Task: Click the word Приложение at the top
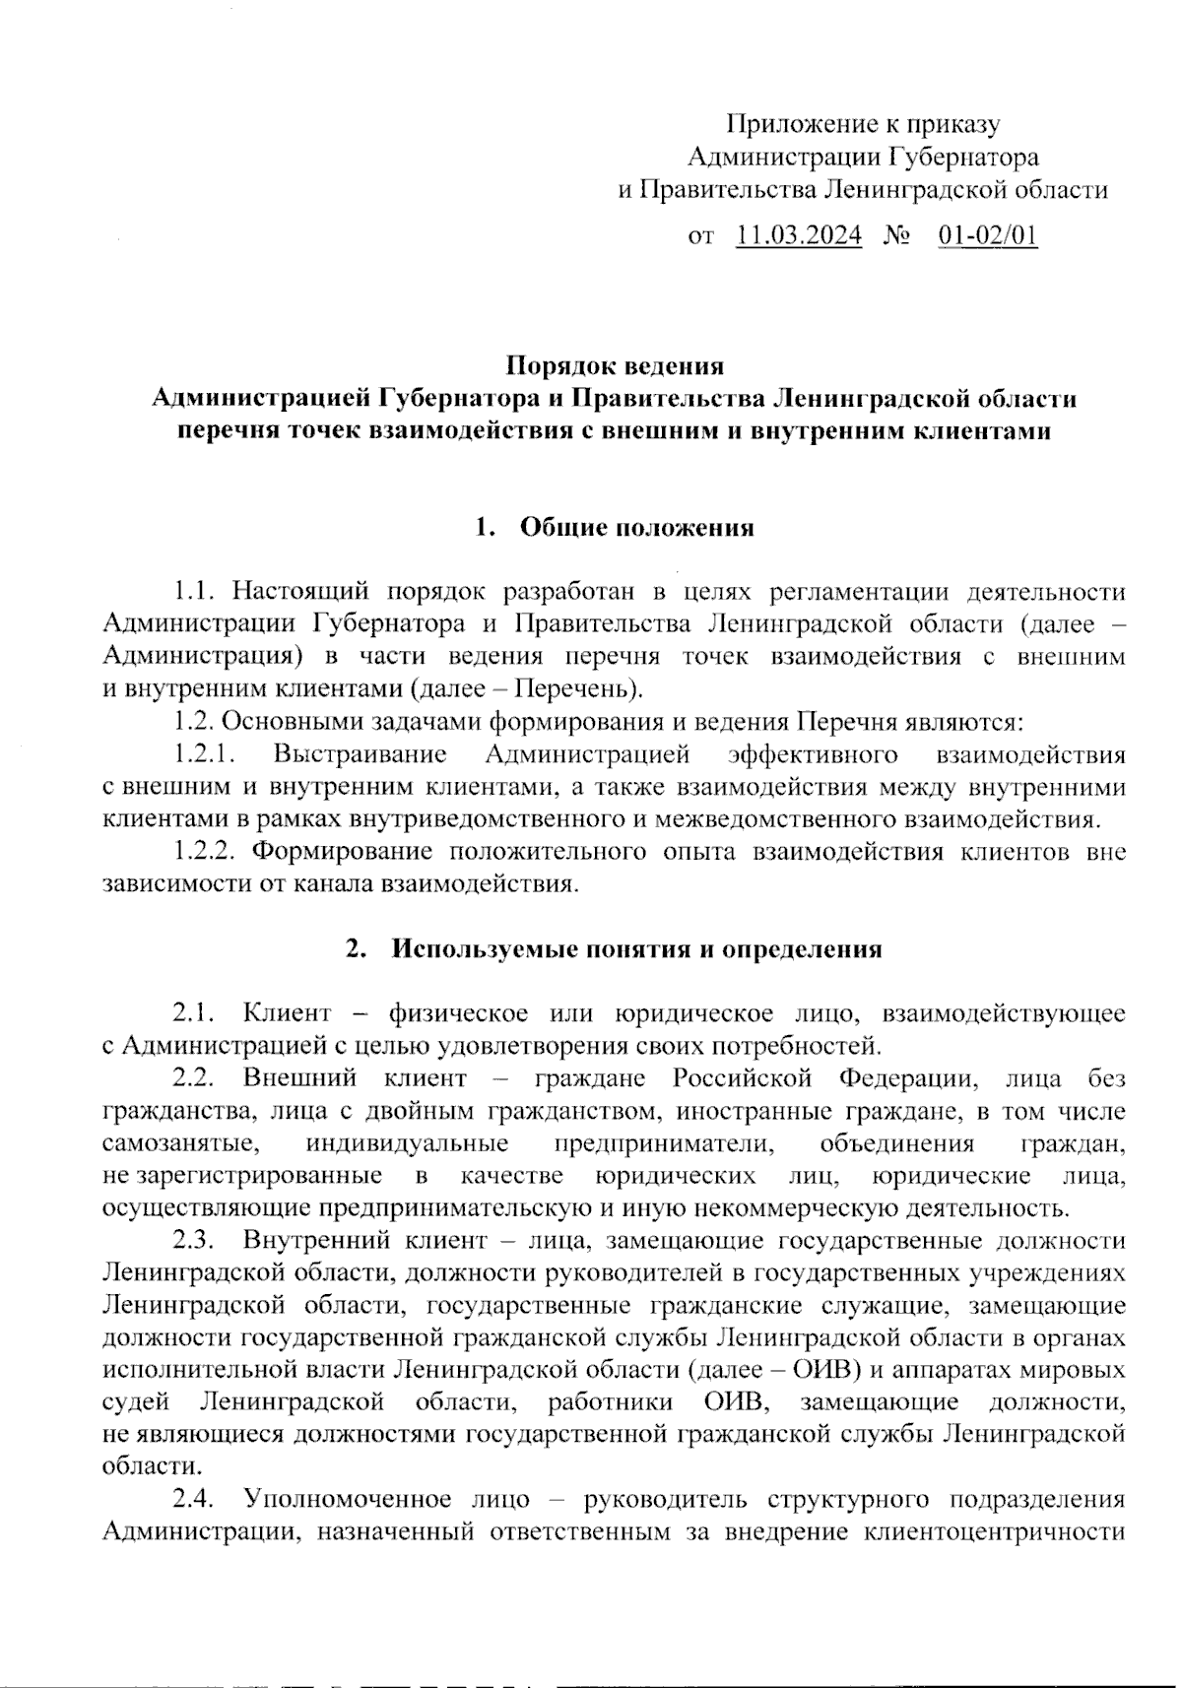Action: pos(795,125)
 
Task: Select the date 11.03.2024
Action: pos(799,235)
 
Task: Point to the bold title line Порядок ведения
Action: pos(615,366)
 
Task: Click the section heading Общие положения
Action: pos(636,528)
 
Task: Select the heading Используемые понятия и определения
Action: pos(636,949)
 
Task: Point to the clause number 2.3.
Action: pos(194,1240)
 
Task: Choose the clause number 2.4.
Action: pos(194,1500)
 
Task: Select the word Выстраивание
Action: pos(361,754)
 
